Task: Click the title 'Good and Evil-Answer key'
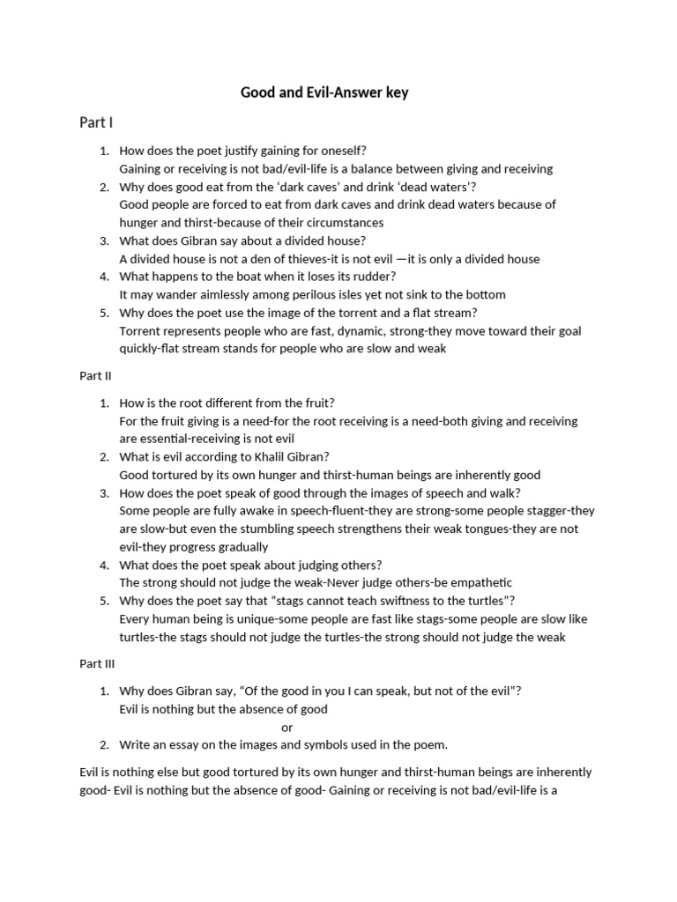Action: (x=324, y=92)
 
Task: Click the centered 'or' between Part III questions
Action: (x=287, y=727)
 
